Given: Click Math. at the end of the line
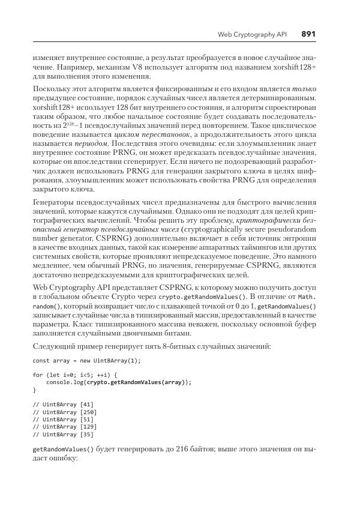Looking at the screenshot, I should tap(316, 296).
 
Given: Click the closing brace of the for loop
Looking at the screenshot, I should tap(34, 389).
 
